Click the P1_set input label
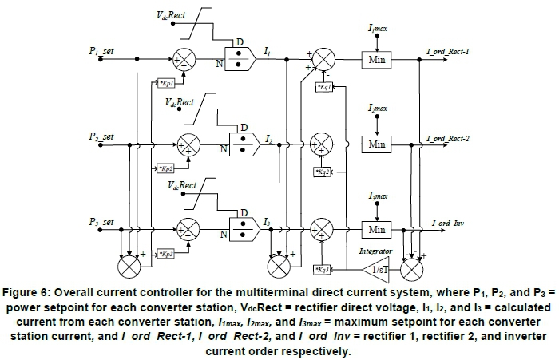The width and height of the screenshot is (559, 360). click(101, 51)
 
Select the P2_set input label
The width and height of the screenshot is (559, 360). click(101, 137)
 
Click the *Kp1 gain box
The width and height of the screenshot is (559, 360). click(165, 83)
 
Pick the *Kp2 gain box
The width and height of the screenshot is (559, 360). click(165, 169)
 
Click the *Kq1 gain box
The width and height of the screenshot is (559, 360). click(325, 86)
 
